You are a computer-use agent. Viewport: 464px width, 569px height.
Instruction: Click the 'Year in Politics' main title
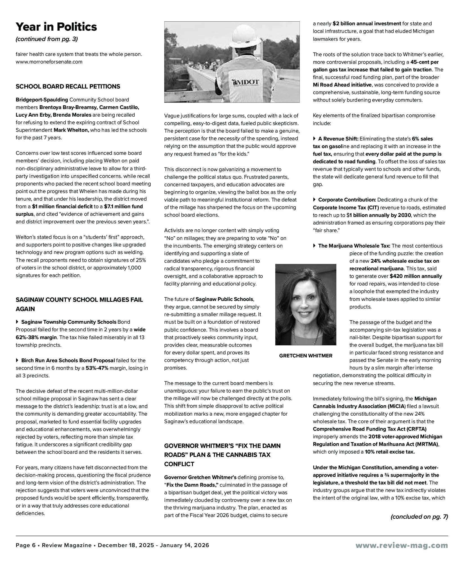click(56, 27)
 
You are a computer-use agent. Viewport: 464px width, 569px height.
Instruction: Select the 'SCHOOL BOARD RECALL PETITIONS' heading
click(68, 87)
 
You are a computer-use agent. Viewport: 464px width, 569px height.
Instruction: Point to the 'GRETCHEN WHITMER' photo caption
click(305, 356)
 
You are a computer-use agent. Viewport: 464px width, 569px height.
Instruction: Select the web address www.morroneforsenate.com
click(49, 62)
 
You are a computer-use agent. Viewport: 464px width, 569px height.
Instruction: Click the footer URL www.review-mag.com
click(402, 545)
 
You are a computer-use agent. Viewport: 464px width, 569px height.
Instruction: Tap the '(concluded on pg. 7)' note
click(419, 517)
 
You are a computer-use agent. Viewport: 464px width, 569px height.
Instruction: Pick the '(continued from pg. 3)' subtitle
click(47, 39)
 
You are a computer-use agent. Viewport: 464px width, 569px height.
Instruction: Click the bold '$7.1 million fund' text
click(123, 207)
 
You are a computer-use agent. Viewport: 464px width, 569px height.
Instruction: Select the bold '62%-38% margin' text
click(36, 337)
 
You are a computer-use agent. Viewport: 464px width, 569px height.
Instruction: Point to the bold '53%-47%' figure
click(97, 368)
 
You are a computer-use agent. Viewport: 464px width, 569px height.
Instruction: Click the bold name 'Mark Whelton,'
click(71, 130)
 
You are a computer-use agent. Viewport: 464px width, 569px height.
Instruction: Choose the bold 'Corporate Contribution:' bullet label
click(347, 200)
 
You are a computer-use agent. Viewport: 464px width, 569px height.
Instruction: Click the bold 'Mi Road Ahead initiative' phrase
click(342, 85)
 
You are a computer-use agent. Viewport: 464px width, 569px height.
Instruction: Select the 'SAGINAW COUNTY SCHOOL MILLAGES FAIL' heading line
click(79, 300)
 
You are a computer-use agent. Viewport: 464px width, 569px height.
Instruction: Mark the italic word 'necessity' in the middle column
click(229, 139)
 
